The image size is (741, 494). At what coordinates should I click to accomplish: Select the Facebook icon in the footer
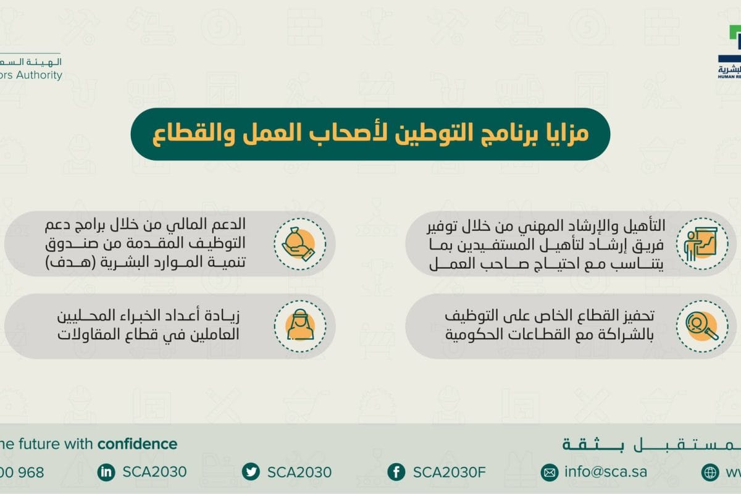(396, 472)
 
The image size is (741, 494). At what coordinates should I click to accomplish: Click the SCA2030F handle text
(450, 472)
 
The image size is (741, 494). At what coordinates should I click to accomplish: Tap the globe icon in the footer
(710, 472)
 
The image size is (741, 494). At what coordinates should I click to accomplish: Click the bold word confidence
(137, 443)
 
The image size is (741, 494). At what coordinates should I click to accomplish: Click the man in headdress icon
(299, 326)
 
